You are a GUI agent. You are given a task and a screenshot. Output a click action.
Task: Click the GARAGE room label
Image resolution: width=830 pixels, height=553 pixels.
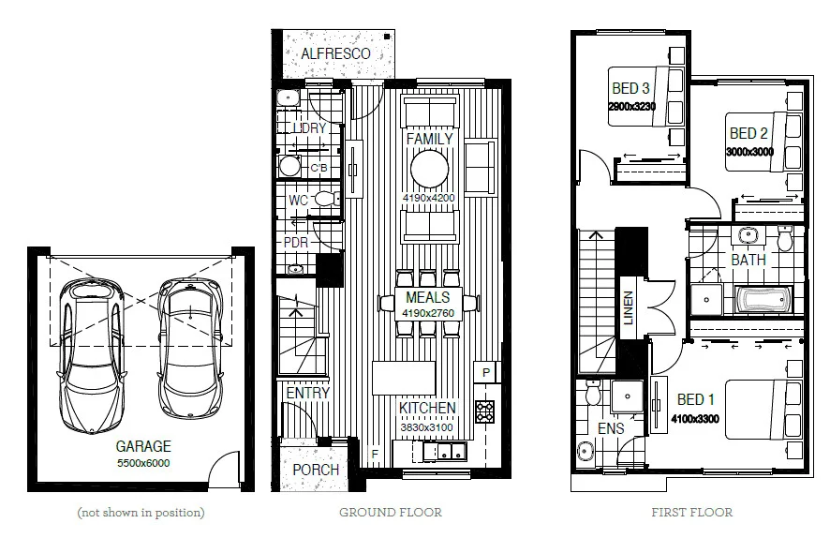143,447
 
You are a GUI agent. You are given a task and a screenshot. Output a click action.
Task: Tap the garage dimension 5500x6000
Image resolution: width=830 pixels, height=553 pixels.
143,462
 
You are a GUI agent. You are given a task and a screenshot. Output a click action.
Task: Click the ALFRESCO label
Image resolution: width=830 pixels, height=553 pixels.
334,53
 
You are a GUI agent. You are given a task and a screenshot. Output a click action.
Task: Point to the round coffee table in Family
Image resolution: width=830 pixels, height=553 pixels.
430,170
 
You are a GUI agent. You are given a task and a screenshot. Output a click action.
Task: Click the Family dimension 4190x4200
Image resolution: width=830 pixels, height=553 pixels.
428,199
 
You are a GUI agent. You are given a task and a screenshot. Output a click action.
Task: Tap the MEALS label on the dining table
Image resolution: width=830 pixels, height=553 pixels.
428,297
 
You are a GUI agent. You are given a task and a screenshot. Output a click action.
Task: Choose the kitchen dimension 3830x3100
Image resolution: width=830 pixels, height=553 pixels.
427,426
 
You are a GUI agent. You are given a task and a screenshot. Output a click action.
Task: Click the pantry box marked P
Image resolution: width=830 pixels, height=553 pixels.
486,372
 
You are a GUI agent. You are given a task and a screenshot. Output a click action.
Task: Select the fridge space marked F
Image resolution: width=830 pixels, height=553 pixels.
376,455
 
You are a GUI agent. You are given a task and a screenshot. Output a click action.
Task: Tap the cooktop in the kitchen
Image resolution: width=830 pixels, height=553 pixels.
485,411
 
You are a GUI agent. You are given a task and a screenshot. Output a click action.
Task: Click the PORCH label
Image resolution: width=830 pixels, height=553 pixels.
316,469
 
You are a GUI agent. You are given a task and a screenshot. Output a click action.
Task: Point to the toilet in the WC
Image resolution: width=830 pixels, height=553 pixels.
325,199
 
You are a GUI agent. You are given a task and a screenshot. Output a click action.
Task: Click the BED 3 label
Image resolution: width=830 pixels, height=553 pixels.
630,89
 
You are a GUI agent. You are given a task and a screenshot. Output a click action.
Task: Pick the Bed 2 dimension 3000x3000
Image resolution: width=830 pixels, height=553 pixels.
749,151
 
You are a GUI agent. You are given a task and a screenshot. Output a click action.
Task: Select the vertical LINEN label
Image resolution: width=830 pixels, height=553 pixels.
629,308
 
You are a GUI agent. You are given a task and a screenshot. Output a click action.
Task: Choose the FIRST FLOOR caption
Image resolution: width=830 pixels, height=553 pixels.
691,513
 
